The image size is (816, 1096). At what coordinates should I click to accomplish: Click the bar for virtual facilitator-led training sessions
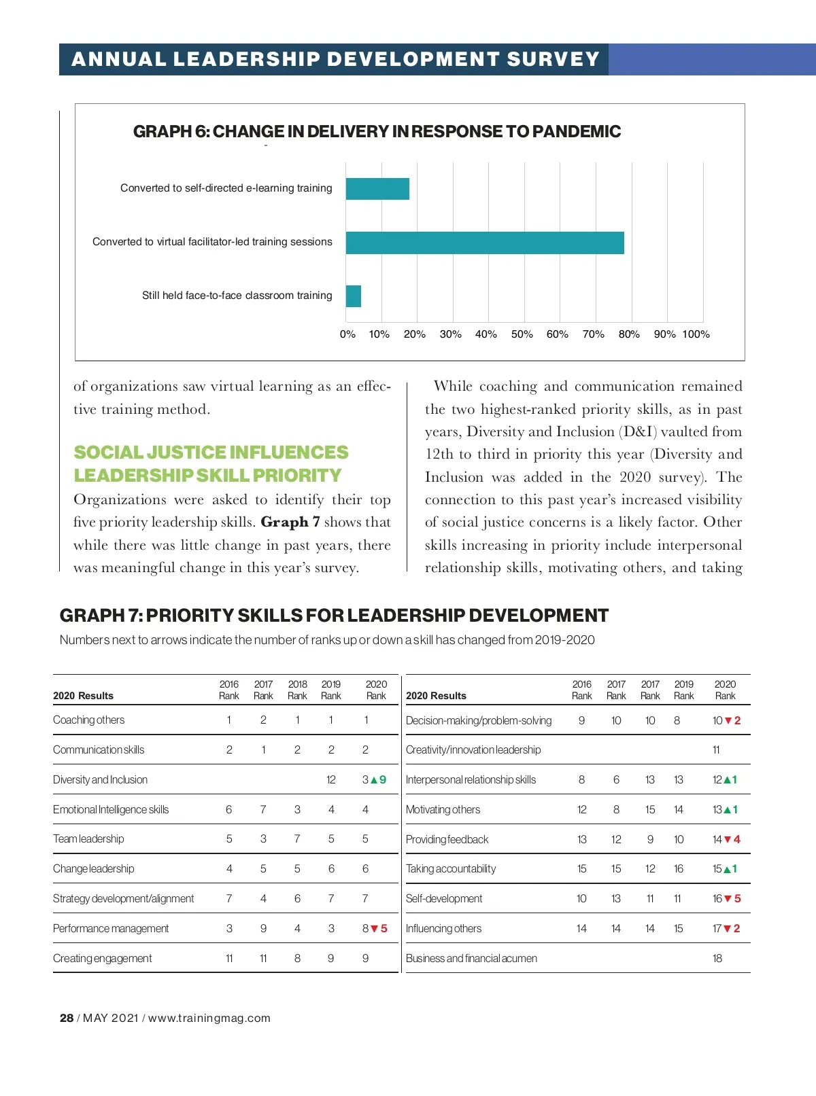tap(484, 243)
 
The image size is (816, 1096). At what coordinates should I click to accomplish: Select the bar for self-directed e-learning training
tap(377, 189)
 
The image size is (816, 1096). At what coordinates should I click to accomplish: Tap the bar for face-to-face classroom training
tap(354, 296)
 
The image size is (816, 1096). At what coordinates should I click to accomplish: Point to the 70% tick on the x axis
tap(594, 334)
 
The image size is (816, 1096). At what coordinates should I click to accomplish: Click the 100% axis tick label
tap(696, 334)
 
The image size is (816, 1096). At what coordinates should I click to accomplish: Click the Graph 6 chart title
tap(377, 132)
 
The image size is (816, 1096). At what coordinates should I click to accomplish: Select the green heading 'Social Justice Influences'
tap(211, 453)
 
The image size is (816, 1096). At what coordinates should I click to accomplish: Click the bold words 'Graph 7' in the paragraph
tap(290, 523)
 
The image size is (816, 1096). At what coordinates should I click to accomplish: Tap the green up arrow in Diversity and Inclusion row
tap(374, 780)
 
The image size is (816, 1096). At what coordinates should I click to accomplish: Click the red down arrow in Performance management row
tap(374, 929)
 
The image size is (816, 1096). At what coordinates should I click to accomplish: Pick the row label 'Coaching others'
tap(89, 720)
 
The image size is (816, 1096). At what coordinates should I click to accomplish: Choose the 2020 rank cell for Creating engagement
tap(365, 959)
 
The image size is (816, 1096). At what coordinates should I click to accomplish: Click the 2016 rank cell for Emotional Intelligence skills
tap(229, 810)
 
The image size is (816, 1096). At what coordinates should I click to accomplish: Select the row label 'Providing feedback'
tap(447, 840)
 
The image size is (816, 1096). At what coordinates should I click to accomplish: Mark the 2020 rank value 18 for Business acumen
tap(717, 959)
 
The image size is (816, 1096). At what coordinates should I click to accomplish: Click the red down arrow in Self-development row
tap(728, 899)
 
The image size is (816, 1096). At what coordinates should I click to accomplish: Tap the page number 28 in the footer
tap(67, 1018)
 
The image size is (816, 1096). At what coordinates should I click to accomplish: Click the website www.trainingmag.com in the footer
tap(209, 1018)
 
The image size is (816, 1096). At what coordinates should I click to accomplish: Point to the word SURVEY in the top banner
tap(553, 60)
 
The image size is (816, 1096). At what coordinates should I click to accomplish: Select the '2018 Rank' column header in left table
tap(297, 690)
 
